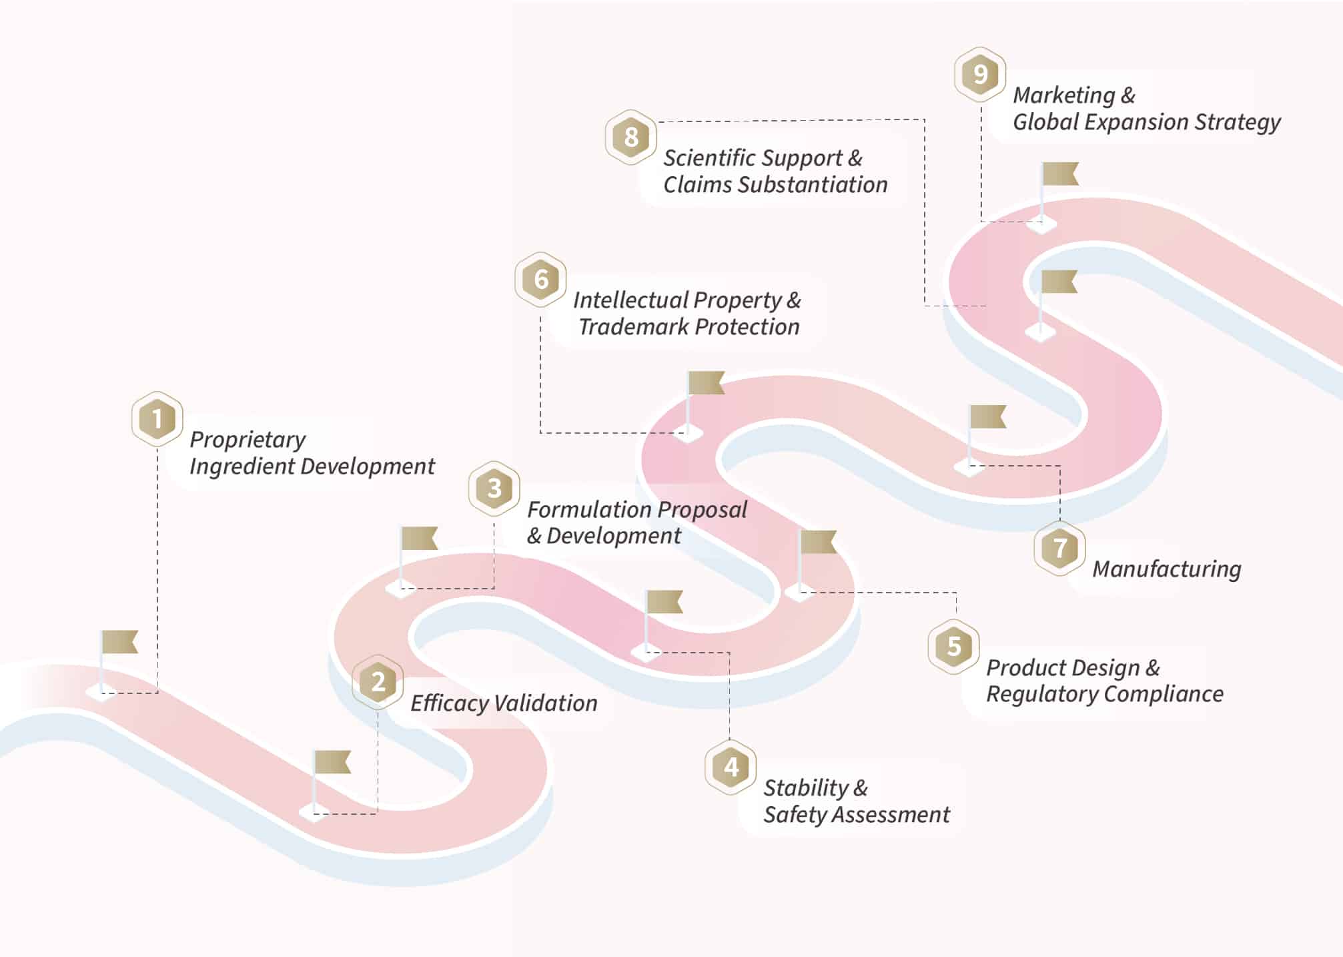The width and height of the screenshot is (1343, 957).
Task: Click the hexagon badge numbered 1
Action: pos(157,419)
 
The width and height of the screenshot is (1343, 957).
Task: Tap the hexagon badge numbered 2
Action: pos(378,682)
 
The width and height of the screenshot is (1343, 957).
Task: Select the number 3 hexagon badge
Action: pos(494,489)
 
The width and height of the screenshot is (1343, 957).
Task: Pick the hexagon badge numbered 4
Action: pos(731,767)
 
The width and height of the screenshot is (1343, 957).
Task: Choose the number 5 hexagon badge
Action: pos(954,646)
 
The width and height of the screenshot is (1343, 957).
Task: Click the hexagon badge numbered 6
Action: pos(540,280)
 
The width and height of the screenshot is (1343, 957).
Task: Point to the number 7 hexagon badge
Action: pos(1059,549)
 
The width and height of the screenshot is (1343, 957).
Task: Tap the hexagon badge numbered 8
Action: pos(630,137)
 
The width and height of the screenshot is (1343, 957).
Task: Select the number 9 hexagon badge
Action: pos(979,74)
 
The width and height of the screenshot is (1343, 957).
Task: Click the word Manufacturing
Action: pos(1167,569)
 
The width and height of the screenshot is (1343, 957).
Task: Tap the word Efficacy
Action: pos(448,703)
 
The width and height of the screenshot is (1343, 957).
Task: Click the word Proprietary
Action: pos(248,440)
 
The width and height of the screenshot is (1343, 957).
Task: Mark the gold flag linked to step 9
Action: pos(1060,174)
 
